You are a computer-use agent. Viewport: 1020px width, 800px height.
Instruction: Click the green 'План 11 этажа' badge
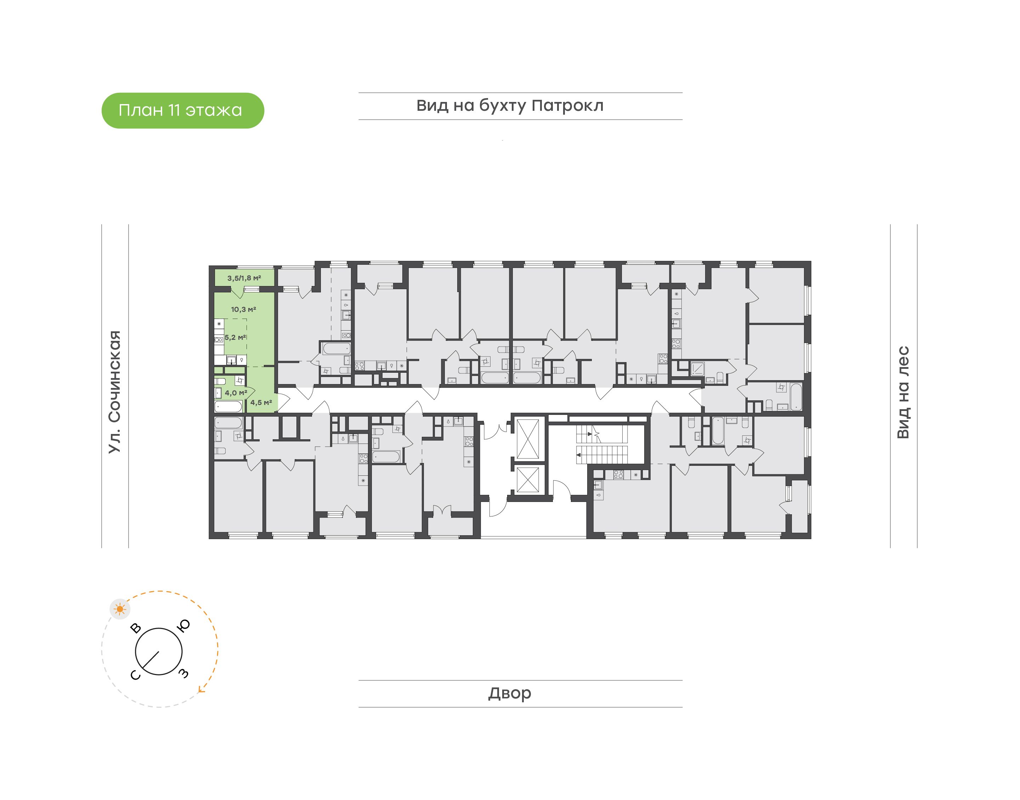click(x=183, y=110)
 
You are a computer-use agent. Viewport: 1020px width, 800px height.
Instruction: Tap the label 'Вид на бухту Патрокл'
click(x=510, y=106)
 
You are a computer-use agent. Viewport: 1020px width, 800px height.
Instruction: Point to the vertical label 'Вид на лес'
click(x=903, y=393)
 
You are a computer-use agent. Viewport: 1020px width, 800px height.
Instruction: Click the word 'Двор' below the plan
click(x=510, y=693)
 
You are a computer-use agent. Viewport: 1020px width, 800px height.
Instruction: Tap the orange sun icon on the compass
click(x=120, y=609)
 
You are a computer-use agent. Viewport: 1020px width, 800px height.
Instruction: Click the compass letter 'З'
click(x=184, y=674)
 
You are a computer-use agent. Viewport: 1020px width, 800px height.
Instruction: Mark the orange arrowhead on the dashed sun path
click(x=202, y=689)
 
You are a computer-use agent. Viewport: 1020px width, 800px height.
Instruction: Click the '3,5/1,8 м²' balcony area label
click(x=244, y=278)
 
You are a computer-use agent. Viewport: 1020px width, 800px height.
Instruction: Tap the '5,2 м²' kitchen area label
click(x=235, y=337)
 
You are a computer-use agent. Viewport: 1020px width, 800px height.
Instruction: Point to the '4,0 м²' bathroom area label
click(x=236, y=393)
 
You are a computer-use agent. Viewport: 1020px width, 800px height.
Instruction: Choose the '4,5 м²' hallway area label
click(x=261, y=402)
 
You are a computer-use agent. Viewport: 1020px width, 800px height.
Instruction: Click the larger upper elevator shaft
click(x=528, y=439)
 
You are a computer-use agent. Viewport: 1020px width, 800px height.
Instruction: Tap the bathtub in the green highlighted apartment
click(x=228, y=406)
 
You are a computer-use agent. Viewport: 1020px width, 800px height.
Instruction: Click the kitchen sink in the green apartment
click(x=232, y=360)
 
